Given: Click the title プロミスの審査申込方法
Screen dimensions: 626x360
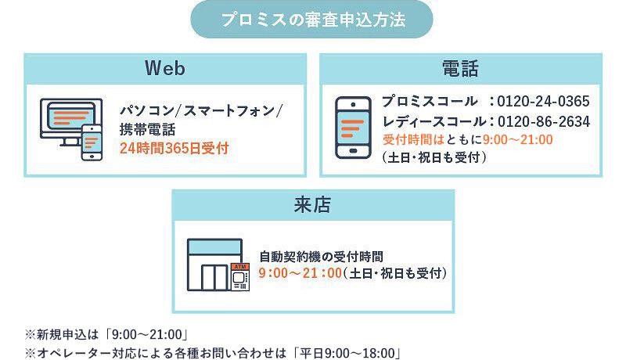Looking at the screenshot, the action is pos(314,19).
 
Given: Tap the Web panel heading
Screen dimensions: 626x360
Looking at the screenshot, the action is pos(165,68).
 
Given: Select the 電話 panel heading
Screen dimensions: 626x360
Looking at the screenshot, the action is pos(460,68).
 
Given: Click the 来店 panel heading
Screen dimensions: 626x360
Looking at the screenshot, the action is pos(312,205).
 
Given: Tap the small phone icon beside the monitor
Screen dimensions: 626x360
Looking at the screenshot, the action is pos(92,142).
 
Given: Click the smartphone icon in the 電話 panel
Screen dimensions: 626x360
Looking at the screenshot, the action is pos(354,128).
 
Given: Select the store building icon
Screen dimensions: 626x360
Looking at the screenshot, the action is pos(214,265).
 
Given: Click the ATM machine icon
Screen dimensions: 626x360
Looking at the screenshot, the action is pos(240,276).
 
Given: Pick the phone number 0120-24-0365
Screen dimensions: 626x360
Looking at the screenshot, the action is pos(543,102).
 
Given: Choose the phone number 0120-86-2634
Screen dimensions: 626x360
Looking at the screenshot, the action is pos(544,121).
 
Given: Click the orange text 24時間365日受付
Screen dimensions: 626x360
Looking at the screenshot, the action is pos(174,148).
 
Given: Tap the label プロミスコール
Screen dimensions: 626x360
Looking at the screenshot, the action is pos(430,101).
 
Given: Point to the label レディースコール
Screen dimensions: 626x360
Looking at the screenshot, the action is pos(434,121).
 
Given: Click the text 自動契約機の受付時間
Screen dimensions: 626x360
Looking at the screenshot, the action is pos(322,256).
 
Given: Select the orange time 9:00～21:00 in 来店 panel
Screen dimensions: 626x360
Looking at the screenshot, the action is pos(300,273).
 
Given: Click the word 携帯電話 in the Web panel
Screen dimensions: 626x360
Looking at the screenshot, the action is pos(148,129).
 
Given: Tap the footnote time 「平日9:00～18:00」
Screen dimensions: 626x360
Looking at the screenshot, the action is pos(347,353).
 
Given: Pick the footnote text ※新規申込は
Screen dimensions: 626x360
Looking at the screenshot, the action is pos(62,334).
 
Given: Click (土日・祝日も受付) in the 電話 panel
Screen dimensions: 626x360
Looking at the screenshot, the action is pos(434,157).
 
